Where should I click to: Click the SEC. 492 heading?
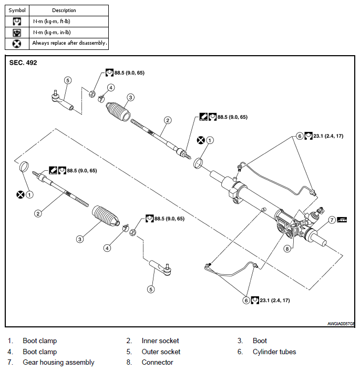point(23,63)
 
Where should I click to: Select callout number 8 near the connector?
point(287,248)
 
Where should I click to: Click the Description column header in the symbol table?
point(64,10)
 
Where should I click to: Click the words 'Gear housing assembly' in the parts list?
point(58,362)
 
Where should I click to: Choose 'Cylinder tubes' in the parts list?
point(274,352)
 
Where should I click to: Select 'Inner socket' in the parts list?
point(160,341)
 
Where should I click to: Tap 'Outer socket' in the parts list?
point(161,352)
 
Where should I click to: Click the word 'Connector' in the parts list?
point(157,362)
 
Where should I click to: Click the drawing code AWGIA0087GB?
point(341,324)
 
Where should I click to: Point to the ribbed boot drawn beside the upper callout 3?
point(119,111)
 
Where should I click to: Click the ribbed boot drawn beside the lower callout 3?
point(106,217)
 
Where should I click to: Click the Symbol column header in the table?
point(17,10)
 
